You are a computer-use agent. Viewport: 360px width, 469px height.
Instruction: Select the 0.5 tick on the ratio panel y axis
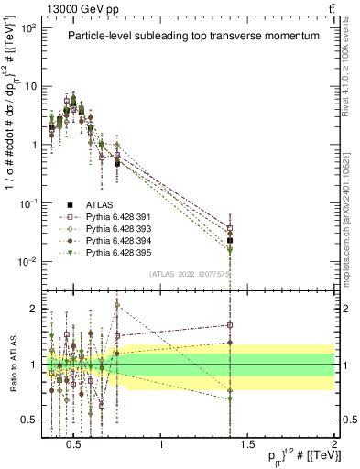click(x=31, y=420)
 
